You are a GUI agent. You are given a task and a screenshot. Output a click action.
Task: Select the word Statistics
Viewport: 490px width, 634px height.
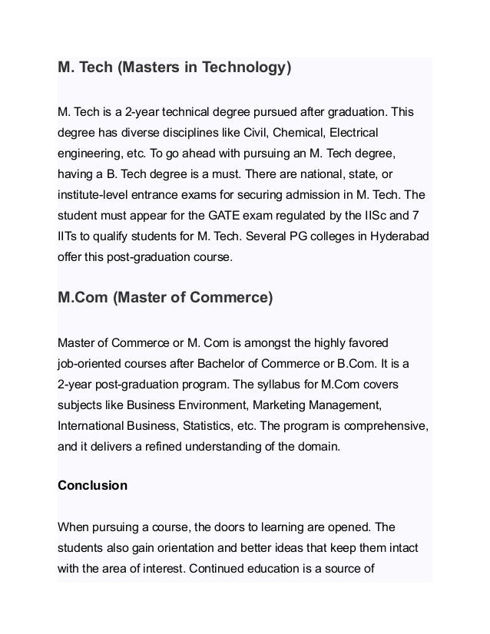click(x=206, y=422)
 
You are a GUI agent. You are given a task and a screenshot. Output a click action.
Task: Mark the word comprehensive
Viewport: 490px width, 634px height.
click(x=389, y=422)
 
